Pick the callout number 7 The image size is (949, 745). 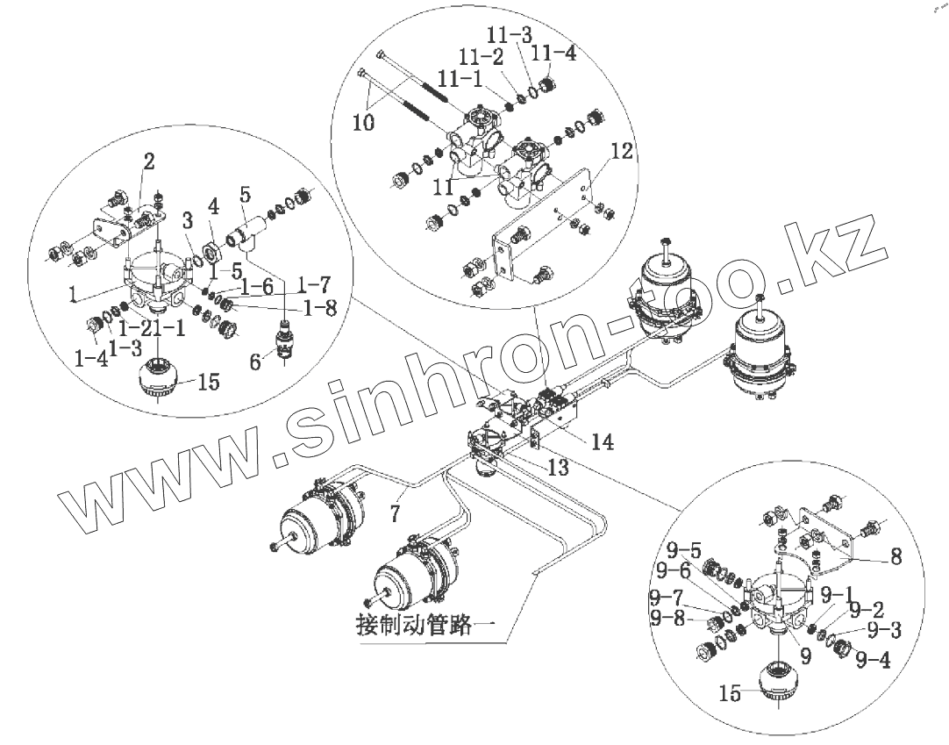(x=396, y=509)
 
